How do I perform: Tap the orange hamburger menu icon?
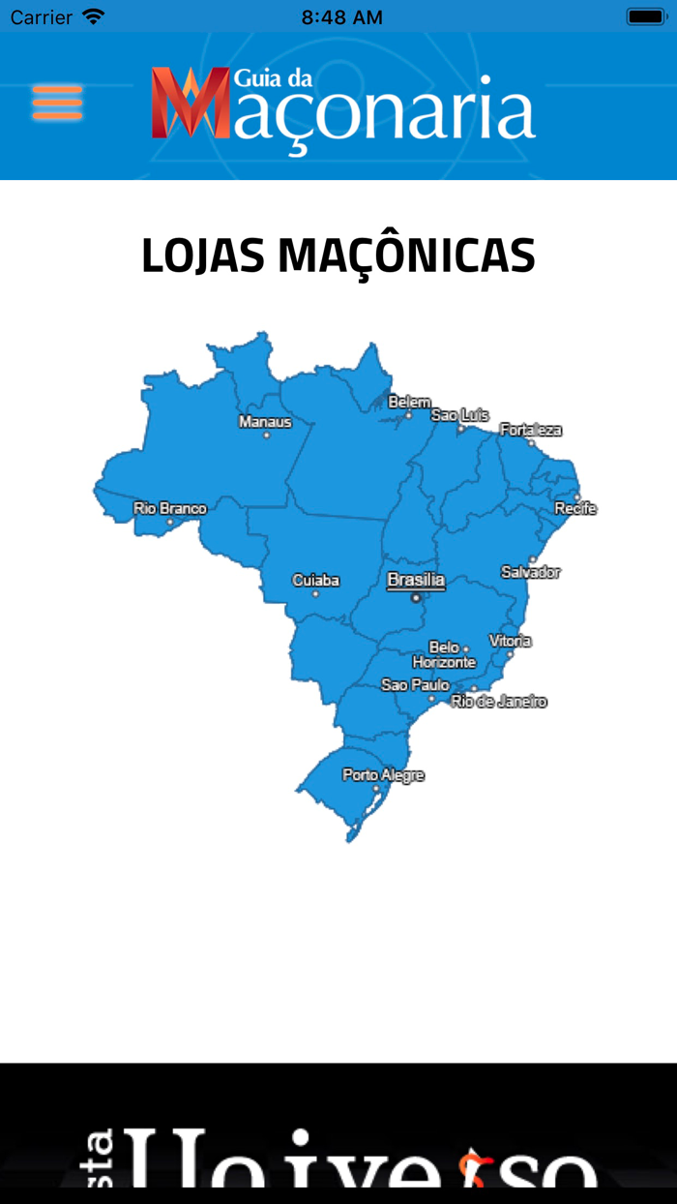pyautogui.click(x=57, y=103)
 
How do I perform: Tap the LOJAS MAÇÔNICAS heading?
pyautogui.click(x=338, y=256)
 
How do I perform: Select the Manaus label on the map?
pyautogui.click(x=265, y=422)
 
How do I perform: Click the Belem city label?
pyautogui.click(x=409, y=402)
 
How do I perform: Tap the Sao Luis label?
pyautogui.click(x=459, y=414)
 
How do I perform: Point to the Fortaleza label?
pyautogui.click(x=530, y=430)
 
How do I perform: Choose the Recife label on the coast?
pyautogui.click(x=575, y=508)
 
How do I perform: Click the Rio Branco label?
pyautogui.click(x=170, y=508)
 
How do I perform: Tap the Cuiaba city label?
pyautogui.click(x=316, y=581)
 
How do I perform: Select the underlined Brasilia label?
pyautogui.click(x=416, y=581)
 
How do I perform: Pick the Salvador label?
pyautogui.click(x=530, y=572)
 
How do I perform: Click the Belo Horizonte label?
pyautogui.click(x=444, y=655)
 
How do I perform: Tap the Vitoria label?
pyautogui.click(x=510, y=641)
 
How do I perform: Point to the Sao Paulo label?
pyautogui.click(x=415, y=684)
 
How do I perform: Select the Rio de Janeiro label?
pyautogui.click(x=499, y=701)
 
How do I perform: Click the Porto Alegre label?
pyautogui.click(x=383, y=775)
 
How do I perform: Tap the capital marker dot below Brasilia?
pyautogui.click(x=417, y=598)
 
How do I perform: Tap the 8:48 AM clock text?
pyautogui.click(x=341, y=17)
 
